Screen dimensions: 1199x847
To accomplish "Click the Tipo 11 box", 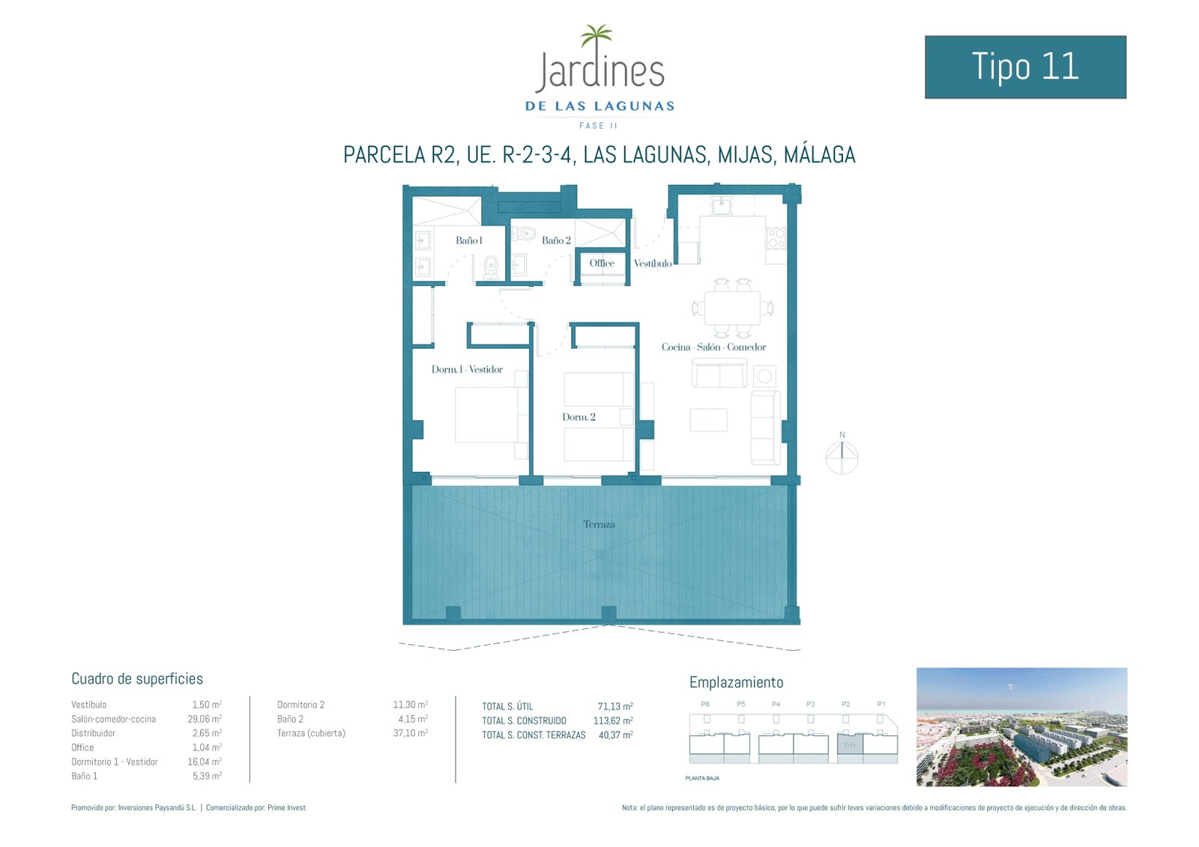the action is pos(1024,67).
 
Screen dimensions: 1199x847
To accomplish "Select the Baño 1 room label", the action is pos(469,240).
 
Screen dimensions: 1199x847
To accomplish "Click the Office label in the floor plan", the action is pos(602,263).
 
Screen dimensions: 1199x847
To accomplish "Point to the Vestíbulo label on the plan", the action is pos(652,264).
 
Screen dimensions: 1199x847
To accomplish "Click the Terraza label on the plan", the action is pos(599,524).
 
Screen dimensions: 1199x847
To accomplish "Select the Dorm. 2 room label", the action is pos(579,417).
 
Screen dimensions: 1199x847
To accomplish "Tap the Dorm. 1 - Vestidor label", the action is pos(467,369).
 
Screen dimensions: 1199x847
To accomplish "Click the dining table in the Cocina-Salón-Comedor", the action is pos(732,307).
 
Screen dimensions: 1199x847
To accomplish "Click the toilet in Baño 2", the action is pos(525,233).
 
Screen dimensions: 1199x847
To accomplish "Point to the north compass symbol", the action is pos(842,457).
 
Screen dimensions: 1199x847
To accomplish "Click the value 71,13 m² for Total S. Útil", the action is pos(614,706).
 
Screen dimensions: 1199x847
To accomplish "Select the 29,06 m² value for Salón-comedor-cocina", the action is pos(204,719).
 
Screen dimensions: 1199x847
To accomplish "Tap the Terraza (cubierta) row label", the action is pos(311,733).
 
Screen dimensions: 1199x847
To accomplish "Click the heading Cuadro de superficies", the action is pos(137,678).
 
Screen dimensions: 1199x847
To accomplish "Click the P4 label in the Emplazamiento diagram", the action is pos(776,704).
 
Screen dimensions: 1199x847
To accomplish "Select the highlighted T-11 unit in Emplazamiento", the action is pos(850,745).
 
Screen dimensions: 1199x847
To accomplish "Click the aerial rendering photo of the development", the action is pos(1021,726).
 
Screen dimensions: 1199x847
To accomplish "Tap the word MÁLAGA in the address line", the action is pos(819,155).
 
